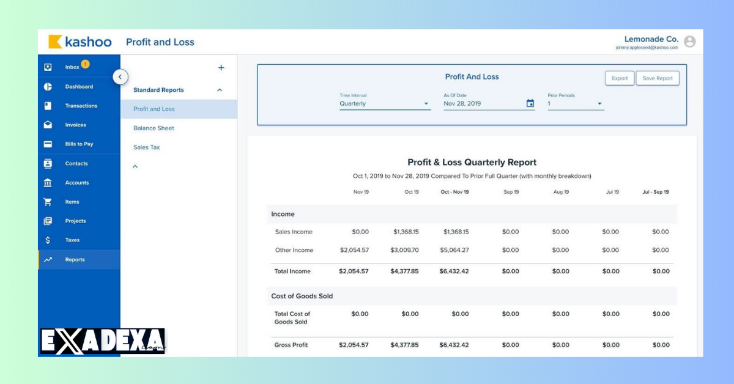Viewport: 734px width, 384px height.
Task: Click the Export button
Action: click(619, 78)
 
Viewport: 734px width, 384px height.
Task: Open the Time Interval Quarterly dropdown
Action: click(385, 104)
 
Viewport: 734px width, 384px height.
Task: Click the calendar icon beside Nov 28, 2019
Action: click(530, 104)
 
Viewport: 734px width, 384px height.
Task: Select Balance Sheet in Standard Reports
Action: click(154, 128)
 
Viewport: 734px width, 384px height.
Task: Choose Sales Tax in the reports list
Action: click(146, 147)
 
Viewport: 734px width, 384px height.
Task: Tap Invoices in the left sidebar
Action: click(75, 125)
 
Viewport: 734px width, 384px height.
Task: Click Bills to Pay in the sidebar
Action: click(79, 144)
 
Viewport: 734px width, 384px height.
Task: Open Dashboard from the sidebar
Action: click(79, 87)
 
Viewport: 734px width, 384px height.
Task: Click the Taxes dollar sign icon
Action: click(48, 240)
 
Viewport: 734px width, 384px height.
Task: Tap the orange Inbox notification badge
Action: click(85, 64)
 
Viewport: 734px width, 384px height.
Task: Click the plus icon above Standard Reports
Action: click(221, 68)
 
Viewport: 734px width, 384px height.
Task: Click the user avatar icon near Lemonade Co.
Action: click(689, 42)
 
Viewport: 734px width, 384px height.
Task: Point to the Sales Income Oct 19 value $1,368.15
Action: click(406, 232)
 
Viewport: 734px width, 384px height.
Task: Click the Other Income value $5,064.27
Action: click(454, 250)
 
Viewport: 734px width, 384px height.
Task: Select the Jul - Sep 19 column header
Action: click(655, 192)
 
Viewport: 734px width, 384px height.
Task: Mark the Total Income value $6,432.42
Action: click(454, 271)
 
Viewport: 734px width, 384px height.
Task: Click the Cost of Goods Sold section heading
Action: click(302, 296)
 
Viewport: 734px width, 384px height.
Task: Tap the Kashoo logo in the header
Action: click(80, 42)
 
